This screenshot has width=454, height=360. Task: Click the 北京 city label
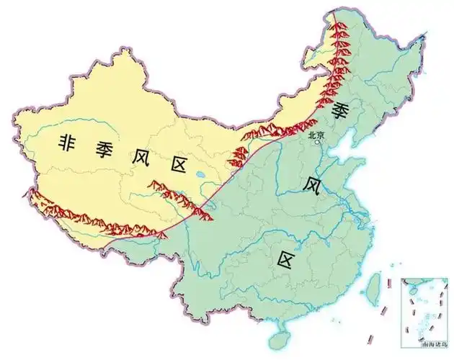tap(316, 134)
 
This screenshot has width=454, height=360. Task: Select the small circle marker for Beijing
tap(317, 142)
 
